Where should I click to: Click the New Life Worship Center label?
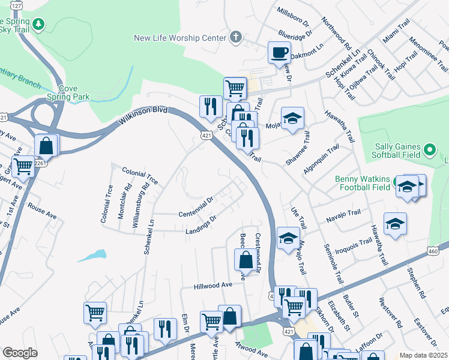180,38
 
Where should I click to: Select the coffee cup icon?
279,52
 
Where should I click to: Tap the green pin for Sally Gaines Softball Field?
429,149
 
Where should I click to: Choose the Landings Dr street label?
200,226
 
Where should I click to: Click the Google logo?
20,353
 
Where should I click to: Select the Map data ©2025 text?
423,355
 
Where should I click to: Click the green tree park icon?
39,24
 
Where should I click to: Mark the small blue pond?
91,255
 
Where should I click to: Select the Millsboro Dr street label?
292,17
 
